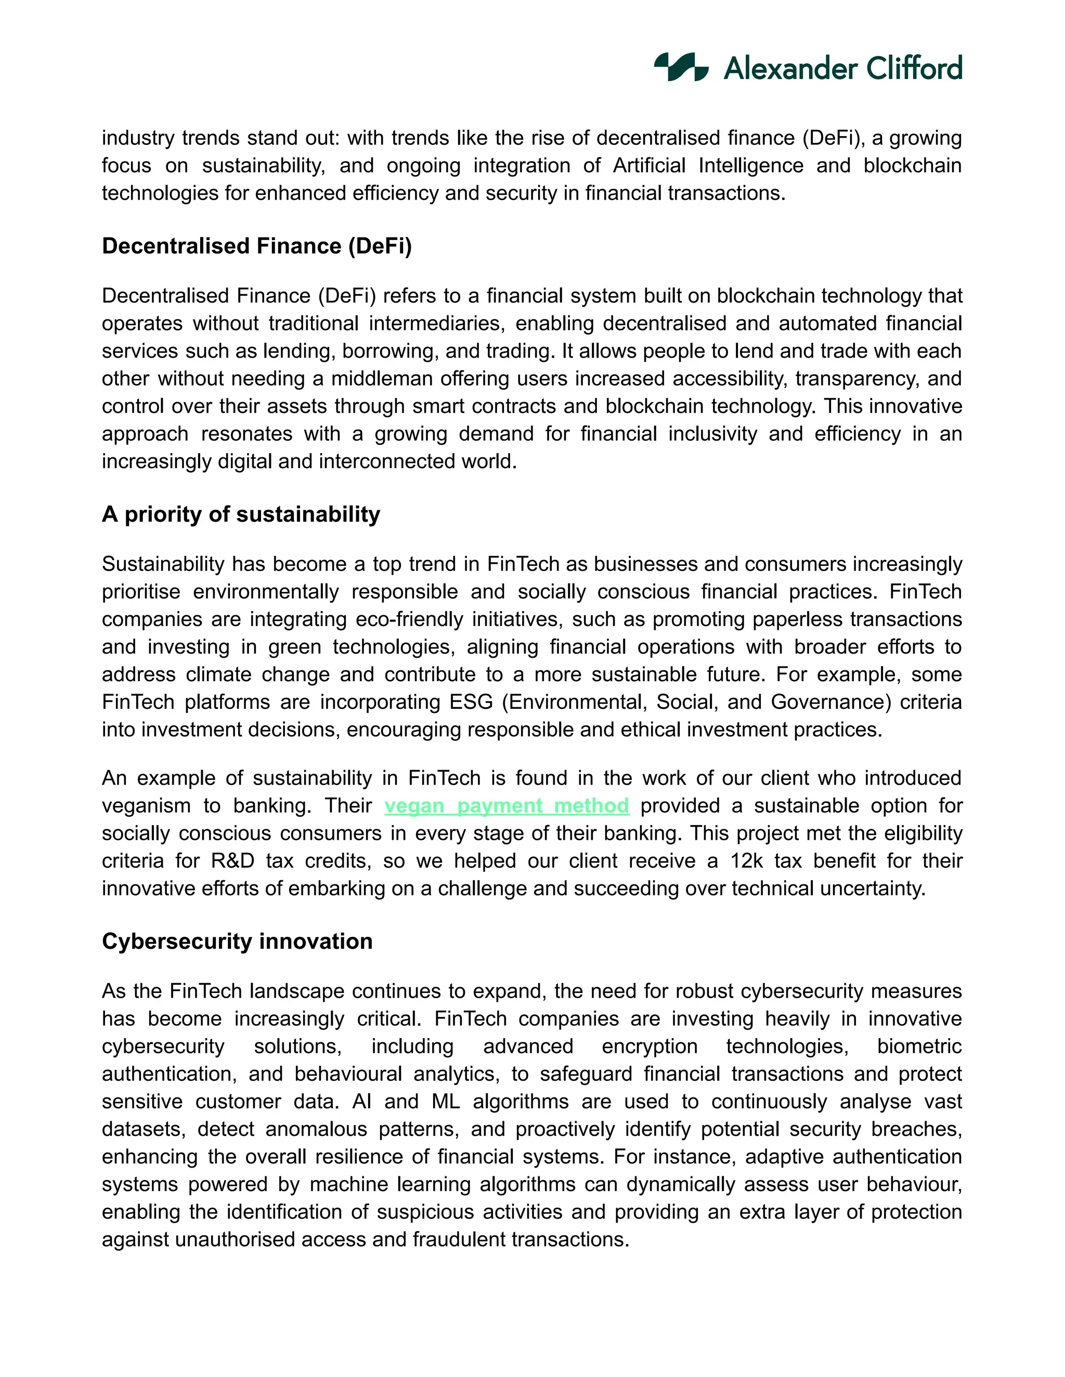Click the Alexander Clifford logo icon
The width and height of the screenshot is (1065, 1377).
pos(681,67)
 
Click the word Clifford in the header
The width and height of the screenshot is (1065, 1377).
pos(914,68)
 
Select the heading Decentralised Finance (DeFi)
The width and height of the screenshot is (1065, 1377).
pos(257,246)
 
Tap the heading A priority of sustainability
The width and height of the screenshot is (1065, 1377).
pos(241,514)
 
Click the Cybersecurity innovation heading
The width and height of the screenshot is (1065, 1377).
pos(237,942)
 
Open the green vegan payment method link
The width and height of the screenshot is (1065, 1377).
pos(506,806)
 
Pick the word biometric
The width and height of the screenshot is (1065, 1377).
pos(919,1046)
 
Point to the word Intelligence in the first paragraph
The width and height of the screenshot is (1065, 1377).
pos(751,165)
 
